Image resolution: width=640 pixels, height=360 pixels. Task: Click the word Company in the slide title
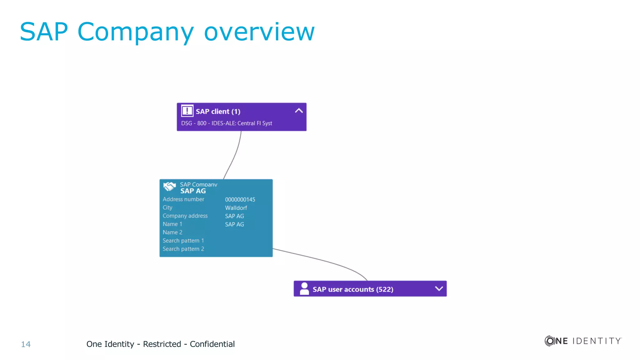click(x=135, y=32)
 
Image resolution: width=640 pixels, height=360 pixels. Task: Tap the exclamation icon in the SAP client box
click(x=187, y=111)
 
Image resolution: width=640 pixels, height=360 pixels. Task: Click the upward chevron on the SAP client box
click(x=299, y=111)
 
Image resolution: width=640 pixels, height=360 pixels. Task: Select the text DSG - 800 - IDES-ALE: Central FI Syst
click(x=227, y=123)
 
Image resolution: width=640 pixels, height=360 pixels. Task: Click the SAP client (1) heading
click(x=218, y=112)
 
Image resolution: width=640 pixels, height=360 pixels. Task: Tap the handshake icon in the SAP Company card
click(x=169, y=186)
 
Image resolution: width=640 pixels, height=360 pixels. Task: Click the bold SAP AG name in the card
click(x=193, y=191)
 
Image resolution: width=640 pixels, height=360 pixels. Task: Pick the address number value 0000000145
click(x=240, y=200)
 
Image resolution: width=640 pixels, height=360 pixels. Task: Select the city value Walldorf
click(x=236, y=208)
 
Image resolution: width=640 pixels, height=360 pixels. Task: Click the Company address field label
click(x=185, y=216)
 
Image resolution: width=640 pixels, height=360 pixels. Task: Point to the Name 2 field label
click(x=172, y=232)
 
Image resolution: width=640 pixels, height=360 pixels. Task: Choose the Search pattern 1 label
click(x=183, y=241)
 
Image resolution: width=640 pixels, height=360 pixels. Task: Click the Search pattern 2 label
click(x=183, y=249)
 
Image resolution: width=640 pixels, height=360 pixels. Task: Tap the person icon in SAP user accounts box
click(x=304, y=288)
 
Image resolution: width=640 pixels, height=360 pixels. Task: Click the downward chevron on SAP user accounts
click(x=439, y=288)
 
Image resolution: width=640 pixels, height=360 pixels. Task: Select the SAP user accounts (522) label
click(x=353, y=289)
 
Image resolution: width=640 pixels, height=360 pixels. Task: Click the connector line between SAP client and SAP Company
click(x=235, y=156)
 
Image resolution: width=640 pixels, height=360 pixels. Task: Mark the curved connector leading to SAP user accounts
click(x=322, y=260)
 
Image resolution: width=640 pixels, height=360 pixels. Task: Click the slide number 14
click(x=26, y=344)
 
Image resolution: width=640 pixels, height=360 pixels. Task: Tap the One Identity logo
click(x=583, y=341)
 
